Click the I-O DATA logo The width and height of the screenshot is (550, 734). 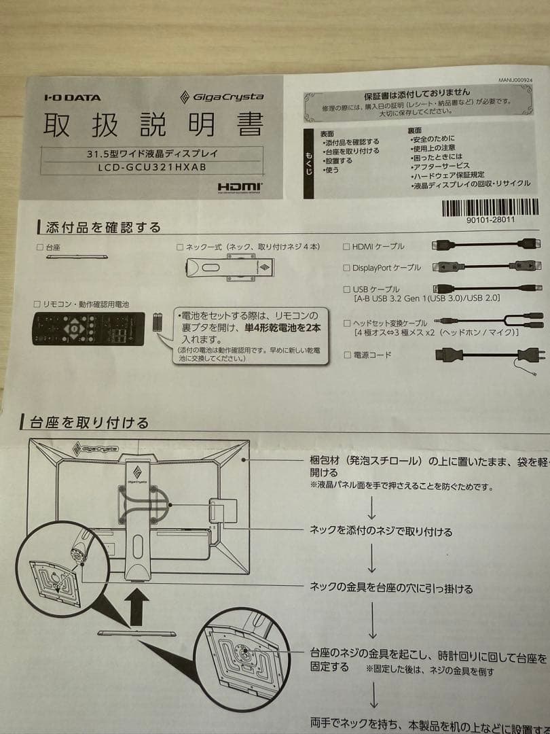coord(72,97)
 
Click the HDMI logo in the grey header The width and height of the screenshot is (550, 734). coord(240,186)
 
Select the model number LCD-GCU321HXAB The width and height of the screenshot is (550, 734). coord(151,167)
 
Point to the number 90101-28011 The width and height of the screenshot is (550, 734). coord(490,220)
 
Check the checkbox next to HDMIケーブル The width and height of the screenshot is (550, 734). coord(347,247)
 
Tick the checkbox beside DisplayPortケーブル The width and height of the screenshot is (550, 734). coord(347,268)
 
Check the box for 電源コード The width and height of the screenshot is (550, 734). coord(348,355)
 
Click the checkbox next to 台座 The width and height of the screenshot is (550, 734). coord(39,248)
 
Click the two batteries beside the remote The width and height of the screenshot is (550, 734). coord(158,321)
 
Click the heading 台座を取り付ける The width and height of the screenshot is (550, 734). coord(89,423)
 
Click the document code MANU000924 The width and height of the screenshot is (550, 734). coord(515,80)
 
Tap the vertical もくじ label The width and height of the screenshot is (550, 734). coord(309,164)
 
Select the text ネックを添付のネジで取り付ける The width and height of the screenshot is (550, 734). coord(381,531)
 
